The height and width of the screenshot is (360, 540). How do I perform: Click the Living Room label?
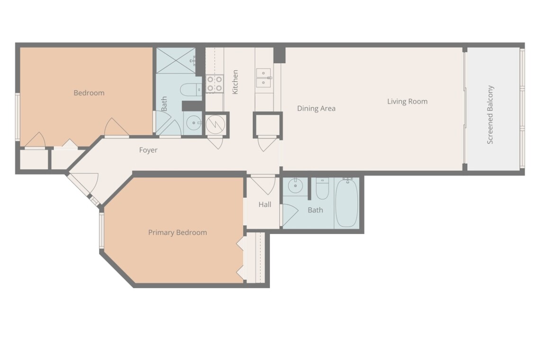click(x=407, y=101)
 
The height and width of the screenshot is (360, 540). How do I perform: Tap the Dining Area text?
click(x=316, y=108)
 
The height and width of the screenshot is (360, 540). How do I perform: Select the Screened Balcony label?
click(x=490, y=115)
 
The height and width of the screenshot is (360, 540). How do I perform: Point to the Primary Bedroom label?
click(x=177, y=233)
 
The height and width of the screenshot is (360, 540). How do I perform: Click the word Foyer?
click(x=148, y=150)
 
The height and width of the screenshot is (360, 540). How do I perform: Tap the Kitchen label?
click(x=235, y=82)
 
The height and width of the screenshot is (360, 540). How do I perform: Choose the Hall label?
click(x=265, y=205)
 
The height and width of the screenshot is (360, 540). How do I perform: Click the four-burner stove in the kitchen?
click(x=214, y=84)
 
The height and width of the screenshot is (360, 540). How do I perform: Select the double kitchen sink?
click(x=263, y=78)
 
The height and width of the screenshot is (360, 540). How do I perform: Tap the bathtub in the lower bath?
click(x=347, y=203)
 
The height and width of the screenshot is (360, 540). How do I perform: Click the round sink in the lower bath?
click(x=295, y=186)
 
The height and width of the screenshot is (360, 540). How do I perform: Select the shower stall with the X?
click(x=176, y=61)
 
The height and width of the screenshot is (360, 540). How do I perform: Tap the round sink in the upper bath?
click(x=194, y=123)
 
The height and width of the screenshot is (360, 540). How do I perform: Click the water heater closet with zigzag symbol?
click(x=216, y=125)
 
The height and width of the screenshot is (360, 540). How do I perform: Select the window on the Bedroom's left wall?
click(x=17, y=117)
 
